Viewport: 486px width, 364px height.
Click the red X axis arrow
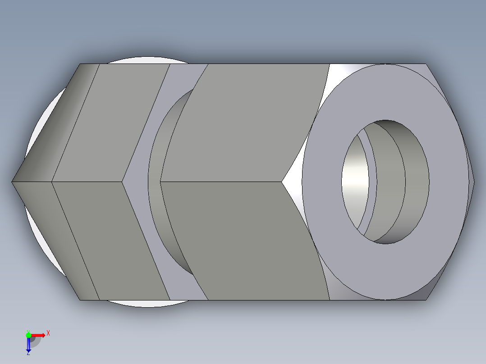coord(38,335)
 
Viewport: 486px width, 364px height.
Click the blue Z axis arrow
coord(28,344)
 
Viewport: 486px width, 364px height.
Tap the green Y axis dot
coord(28,335)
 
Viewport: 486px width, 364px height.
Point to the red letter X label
coord(48,333)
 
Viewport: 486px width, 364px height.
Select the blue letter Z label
coord(28,353)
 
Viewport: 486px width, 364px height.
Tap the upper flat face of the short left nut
coord(113,122)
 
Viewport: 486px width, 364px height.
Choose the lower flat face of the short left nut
coord(113,241)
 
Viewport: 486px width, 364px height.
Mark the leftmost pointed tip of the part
coord(13,182)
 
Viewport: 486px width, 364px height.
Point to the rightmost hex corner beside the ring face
coord(473,182)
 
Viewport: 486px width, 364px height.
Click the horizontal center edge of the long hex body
coord(221,182)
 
